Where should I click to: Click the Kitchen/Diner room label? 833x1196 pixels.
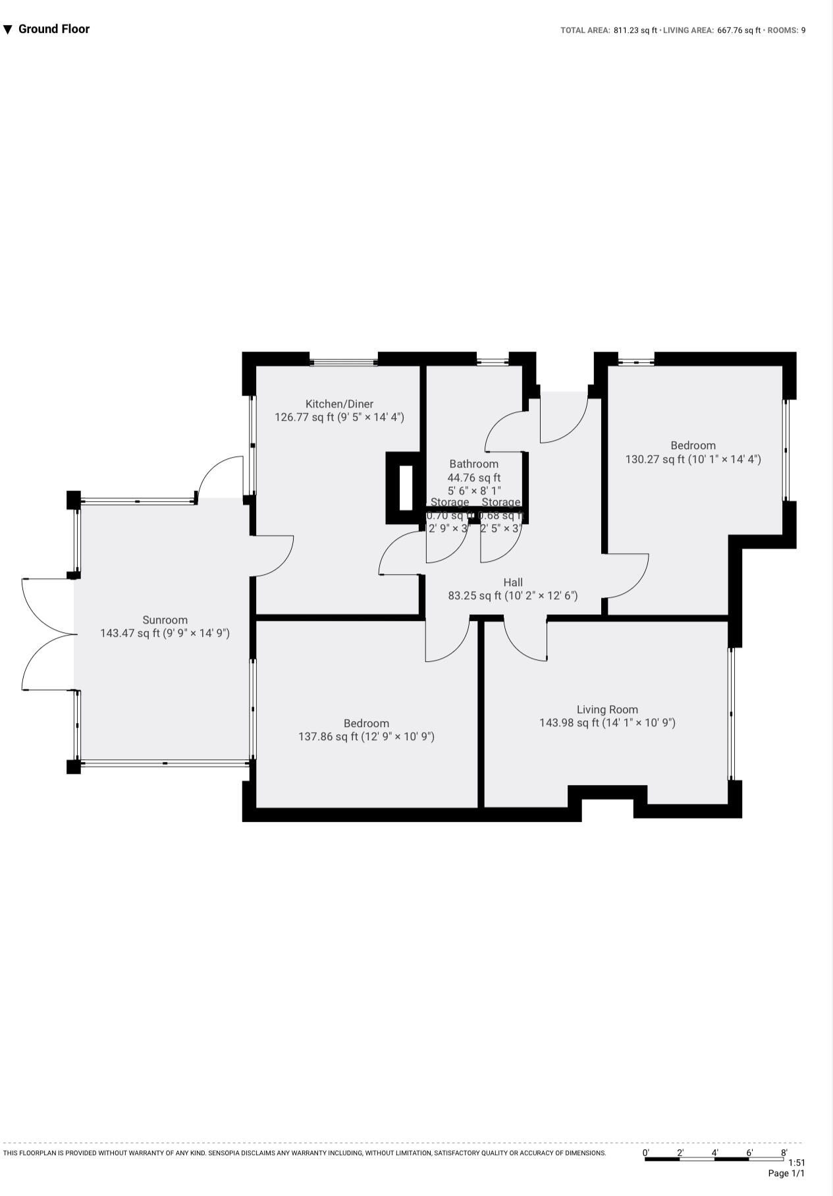pyautogui.click(x=339, y=404)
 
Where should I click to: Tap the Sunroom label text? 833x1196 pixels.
pyautogui.click(x=165, y=620)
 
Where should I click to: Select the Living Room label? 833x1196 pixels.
pyautogui.click(x=607, y=709)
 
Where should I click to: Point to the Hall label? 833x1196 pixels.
pyautogui.click(x=513, y=582)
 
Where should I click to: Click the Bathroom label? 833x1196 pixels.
pyautogui.click(x=473, y=464)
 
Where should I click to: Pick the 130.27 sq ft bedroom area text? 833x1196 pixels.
pyautogui.click(x=693, y=459)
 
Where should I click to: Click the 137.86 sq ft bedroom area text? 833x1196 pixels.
pyautogui.click(x=366, y=736)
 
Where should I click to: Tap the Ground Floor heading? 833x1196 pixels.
pyautogui.click(x=53, y=29)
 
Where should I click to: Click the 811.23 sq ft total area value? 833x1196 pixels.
pyautogui.click(x=635, y=30)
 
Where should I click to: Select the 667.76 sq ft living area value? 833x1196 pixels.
pyautogui.click(x=738, y=30)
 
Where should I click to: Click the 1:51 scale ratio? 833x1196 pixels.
pyautogui.click(x=796, y=1162)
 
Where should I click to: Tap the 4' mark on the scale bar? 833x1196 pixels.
pyautogui.click(x=714, y=1153)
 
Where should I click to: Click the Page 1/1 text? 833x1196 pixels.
pyautogui.click(x=786, y=1173)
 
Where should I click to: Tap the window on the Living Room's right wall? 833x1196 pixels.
pyautogui.click(x=731, y=714)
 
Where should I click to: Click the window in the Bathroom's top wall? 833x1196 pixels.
pyautogui.click(x=493, y=361)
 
